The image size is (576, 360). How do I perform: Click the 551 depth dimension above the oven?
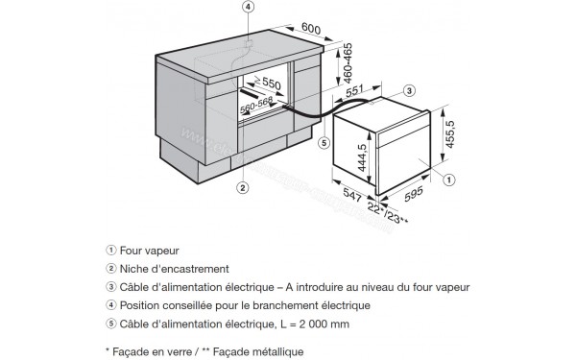355,87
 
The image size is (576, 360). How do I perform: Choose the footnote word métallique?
276,352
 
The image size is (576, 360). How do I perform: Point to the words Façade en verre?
152,352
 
